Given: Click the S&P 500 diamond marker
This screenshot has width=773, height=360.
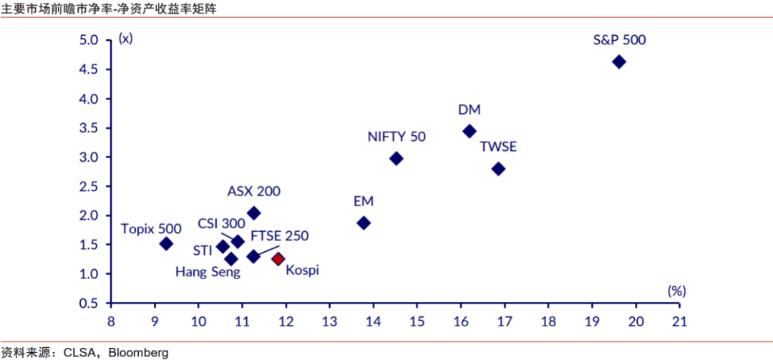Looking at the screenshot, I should coord(619,62).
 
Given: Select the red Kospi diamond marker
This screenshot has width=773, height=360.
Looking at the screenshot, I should coord(278,258).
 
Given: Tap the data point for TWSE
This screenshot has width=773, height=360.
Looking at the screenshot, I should coord(499,169).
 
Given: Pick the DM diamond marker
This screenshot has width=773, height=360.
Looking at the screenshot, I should coord(470,131).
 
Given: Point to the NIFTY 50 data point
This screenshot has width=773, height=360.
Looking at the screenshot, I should coord(397,158).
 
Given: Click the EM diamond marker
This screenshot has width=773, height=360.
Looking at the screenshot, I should coord(364,223).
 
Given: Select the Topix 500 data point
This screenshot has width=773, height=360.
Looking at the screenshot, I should coord(166,243).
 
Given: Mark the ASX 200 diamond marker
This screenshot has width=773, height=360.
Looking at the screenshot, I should coord(253,213).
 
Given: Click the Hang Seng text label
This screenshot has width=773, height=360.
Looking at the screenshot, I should coord(208,272).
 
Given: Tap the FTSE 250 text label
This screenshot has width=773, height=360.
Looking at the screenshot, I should coord(280,235).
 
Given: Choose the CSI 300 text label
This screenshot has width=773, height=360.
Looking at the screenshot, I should coord(222,223).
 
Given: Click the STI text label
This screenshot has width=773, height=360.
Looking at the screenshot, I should coord(202,250).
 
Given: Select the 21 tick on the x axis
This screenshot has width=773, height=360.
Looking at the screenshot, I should coord(679,321).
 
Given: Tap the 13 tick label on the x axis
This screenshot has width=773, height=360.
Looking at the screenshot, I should coord(329,321).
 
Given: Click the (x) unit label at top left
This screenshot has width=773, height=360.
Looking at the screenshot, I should coord(125,39).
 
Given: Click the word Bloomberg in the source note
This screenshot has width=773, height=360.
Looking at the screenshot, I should coord(141,352).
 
